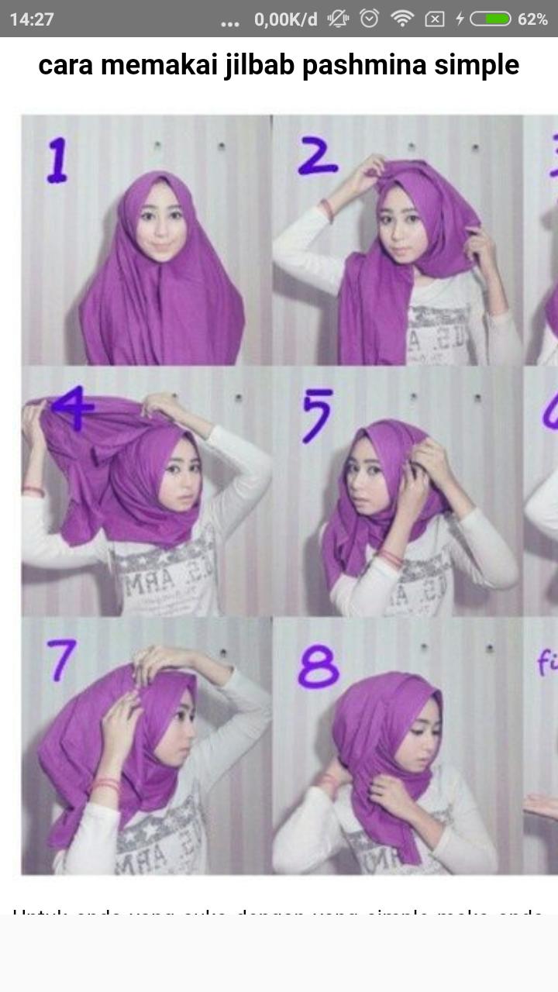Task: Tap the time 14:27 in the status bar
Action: coord(32,19)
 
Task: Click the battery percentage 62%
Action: coord(532,19)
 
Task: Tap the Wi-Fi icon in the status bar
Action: coord(402,19)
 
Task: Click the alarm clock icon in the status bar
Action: coord(370,19)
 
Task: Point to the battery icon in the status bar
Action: coord(490,19)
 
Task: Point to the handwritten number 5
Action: coord(317,415)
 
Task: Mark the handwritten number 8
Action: coord(319,666)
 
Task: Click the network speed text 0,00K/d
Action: coord(286,19)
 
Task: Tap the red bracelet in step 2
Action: coord(327,210)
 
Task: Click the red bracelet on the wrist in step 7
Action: coord(105,784)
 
